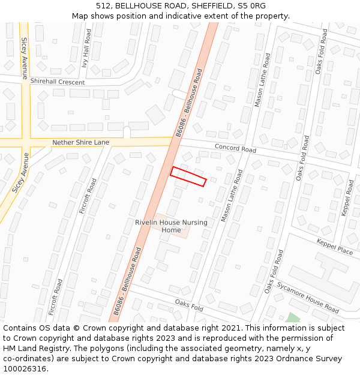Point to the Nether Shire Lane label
pyautogui.click(x=80, y=142)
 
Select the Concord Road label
pyautogui.click(x=235, y=148)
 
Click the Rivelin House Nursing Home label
pyautogui.click(x=171, y=226)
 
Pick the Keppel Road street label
pyautogui.click(x=347, y=199)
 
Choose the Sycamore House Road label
pyautogui.click(x=308, y=297)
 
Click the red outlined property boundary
pyautogui.click(x=188, y=176)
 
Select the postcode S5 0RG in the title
pyautogui.click(x=253, y=6)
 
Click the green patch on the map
pyautogui.click(x=292, y=317)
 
